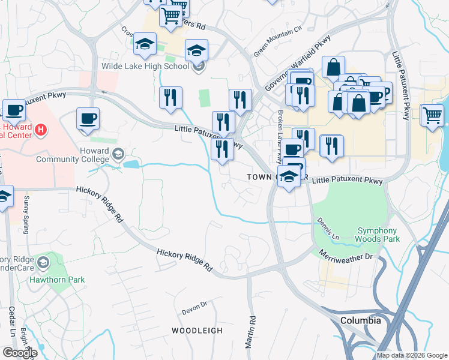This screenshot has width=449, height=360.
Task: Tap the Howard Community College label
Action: tap(73, 154)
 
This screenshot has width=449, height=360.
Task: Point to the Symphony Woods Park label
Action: tap(377, 235)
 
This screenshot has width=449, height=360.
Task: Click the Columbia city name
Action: tap(360, 320)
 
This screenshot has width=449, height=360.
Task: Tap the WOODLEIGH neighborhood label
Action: tap(197, 331)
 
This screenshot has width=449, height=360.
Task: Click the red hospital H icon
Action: tap(40, 129)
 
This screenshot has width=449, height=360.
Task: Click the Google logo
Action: tap(19, 352)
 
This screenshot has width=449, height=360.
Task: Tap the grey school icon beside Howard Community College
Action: tap(118, 154)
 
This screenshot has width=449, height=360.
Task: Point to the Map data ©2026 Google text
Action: tap(412, 355)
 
